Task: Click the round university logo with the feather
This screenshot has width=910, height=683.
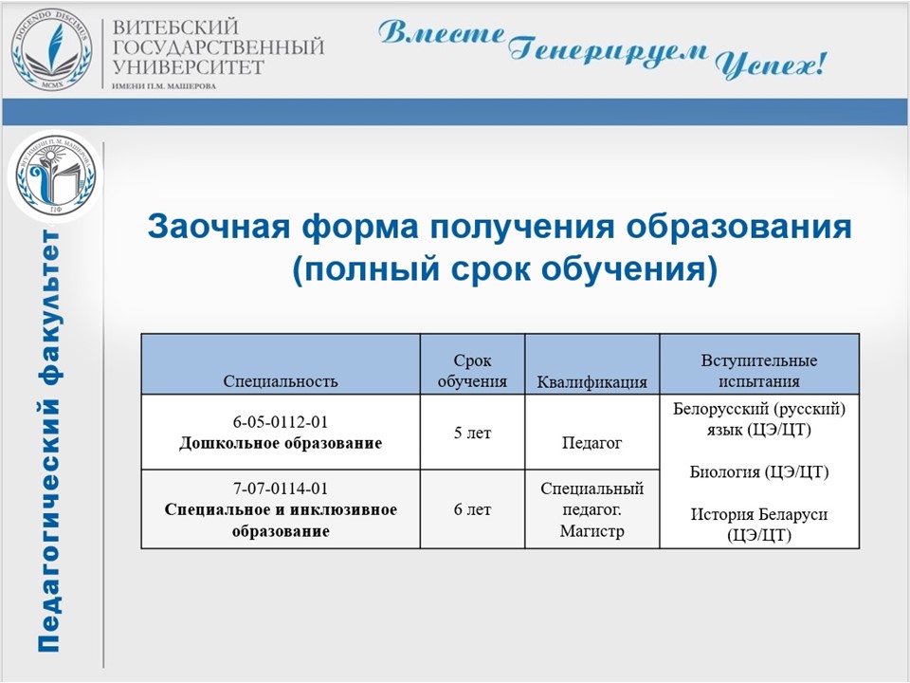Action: [51, 50]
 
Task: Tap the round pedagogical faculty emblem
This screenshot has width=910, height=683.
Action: [55, 176]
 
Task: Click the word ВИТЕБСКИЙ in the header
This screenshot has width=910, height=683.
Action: [176, 28]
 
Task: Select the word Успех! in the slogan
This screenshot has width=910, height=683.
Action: [770, 64]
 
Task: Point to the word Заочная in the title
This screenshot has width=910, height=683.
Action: [219, 226]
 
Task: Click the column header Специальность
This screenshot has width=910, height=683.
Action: [281, 381]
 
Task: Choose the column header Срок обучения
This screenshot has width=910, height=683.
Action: [472, 371]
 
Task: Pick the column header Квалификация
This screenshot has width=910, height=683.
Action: [591, 382]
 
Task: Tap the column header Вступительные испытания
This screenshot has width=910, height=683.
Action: [759, 371]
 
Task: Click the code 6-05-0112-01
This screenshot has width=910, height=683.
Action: [281, 422]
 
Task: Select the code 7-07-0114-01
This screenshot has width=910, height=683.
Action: [281, 489]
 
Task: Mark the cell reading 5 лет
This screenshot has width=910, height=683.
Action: [472, 434]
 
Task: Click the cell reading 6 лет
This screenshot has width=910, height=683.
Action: [472, 510]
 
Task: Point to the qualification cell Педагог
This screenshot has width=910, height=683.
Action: [591, 444]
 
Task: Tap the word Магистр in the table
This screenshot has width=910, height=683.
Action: [591, 531]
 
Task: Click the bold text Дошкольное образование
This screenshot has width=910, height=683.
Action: [281, 444]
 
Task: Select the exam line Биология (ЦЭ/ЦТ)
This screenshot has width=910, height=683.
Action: [759, 472]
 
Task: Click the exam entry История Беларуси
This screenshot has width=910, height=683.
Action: [759, 514]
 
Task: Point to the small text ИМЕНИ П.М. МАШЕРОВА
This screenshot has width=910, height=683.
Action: [164, 86]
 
